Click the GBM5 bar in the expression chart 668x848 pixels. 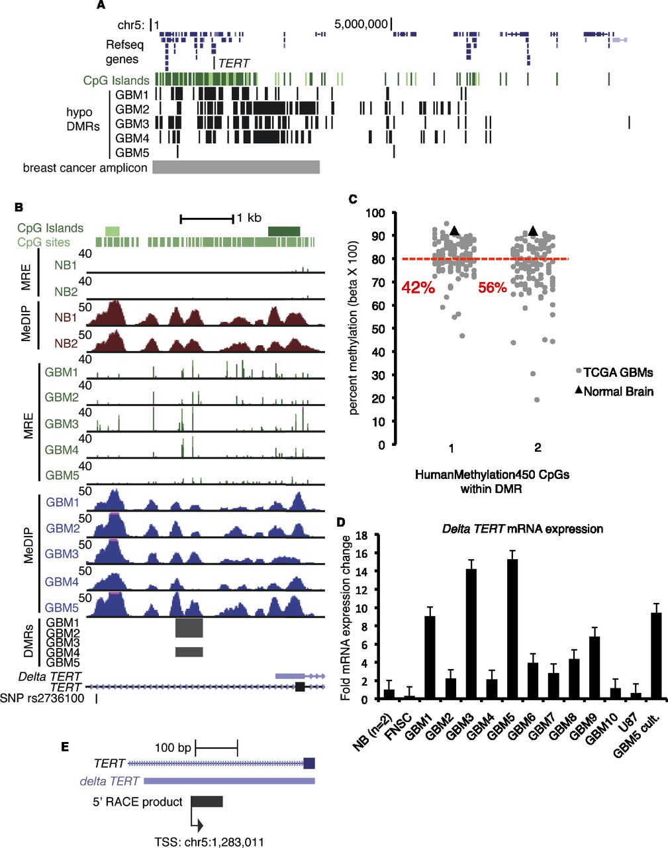[512, 629]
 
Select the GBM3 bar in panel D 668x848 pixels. [471, 634]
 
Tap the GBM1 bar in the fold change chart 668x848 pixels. [430, 658]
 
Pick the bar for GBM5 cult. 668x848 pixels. [656, 656]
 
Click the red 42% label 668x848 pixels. [418, 288]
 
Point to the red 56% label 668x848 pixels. [493, 288]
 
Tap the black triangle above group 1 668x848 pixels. [454, 231]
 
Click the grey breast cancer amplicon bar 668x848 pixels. [236, 167]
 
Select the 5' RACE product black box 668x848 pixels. [207, 801]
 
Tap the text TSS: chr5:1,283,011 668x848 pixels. [209, 841]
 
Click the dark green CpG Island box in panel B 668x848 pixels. [284, 231]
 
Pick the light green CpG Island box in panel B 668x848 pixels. [113, 231]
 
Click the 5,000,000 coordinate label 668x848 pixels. [361, 25]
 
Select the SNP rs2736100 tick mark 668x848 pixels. [97, 699]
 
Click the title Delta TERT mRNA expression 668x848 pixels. [522, 529]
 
